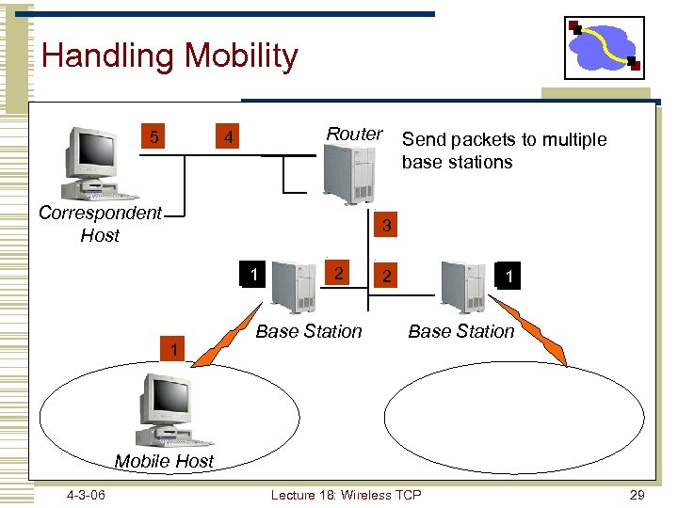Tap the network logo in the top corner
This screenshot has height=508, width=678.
605,48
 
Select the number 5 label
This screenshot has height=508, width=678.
154,138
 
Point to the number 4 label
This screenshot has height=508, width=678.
226,139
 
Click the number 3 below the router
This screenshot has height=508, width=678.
386,227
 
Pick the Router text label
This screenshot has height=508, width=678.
354,135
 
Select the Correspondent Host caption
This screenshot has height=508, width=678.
100,224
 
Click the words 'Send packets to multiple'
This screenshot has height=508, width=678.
504,140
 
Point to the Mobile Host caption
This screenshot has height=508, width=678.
164,461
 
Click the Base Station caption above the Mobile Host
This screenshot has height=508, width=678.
309,331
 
